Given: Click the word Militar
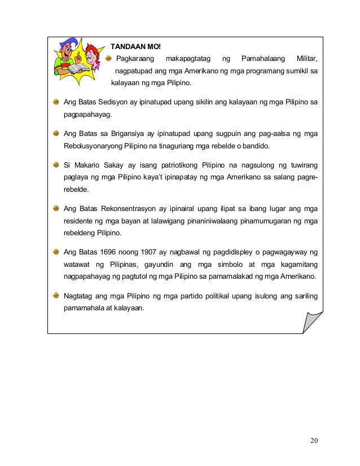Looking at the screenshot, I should coord(303,59).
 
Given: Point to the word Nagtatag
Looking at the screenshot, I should coord(81,296).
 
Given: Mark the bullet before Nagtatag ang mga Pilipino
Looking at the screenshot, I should coord(56,296).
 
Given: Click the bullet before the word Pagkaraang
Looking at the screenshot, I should coord(109,59).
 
